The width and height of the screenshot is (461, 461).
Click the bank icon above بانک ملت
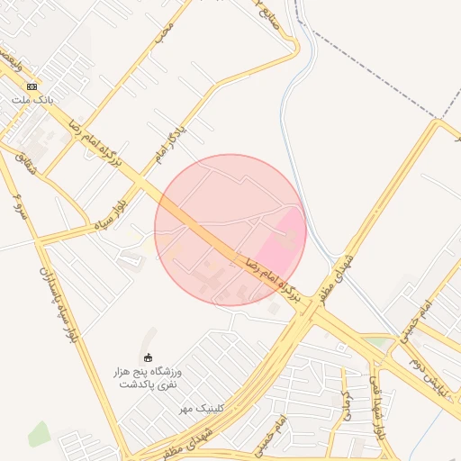[x=32, y=86]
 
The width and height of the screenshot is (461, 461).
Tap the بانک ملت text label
[x=32, y=99]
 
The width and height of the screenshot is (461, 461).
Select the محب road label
[x=163, y=32]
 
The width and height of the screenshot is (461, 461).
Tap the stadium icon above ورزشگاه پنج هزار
[x=149, y=358]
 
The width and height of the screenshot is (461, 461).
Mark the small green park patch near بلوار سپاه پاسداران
[x=39, y=433]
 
